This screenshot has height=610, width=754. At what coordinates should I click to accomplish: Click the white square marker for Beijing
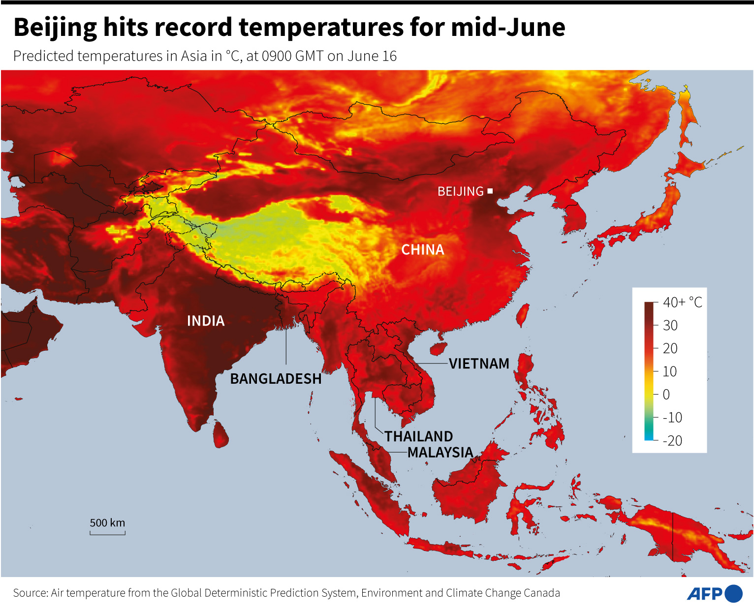click(490, 191)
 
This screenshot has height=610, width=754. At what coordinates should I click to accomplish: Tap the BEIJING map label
click(460, 191)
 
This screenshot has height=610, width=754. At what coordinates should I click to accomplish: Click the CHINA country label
click(422, 250)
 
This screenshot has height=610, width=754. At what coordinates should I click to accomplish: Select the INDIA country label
click(206, 321)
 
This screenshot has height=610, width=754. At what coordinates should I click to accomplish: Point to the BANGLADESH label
click(276, 379)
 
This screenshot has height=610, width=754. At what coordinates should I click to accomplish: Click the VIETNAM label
click(479, 364)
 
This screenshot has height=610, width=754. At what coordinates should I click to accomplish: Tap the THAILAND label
click(418, 436)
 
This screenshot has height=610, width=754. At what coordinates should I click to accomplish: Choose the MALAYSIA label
click(440, 453)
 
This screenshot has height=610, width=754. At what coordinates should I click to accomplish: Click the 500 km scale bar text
click(107, 522)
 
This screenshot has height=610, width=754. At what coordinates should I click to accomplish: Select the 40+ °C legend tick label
click(682, 302)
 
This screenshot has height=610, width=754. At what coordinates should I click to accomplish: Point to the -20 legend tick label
click(672, 441)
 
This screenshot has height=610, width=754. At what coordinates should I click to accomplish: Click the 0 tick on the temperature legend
click(666, 395)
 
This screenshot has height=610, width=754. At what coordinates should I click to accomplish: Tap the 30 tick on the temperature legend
click(670, 325)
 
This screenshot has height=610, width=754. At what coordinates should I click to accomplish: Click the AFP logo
click(715, 594)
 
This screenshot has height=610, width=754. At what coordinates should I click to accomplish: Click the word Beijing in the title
click(55, 28)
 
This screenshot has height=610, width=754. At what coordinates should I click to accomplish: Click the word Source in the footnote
click(30, 593)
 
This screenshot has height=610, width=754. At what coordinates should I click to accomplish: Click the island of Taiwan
click(523, 315)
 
